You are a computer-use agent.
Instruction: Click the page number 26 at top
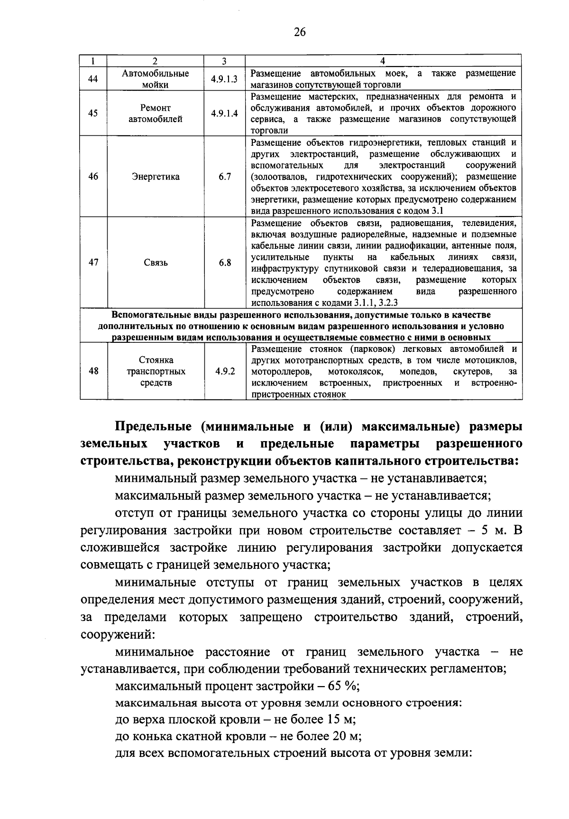[x=300, y=32]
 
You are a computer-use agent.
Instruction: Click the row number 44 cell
[x=93, y=79]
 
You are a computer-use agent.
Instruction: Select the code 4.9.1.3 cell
[x=224, y=79]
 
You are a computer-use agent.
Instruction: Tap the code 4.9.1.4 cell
[x=224, y=113]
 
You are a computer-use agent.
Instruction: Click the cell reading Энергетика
[x=156, y=177]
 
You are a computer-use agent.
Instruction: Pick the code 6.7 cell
[x=225, y=177]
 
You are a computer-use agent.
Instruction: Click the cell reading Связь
[x=156, y=263]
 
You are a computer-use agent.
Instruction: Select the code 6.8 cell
[x=225, y=263]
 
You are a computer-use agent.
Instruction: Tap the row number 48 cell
[x=93, y=371]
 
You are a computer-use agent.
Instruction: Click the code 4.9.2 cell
[x=225, y=371]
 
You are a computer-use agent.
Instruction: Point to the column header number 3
[x=224, y=61]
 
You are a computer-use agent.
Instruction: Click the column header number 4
[x=383, y=61]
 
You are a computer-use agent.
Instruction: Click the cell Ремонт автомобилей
[x=156, y=114]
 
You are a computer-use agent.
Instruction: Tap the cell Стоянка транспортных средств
[x=156, y=371]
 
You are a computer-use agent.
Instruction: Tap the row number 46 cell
[x=93, y=177]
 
